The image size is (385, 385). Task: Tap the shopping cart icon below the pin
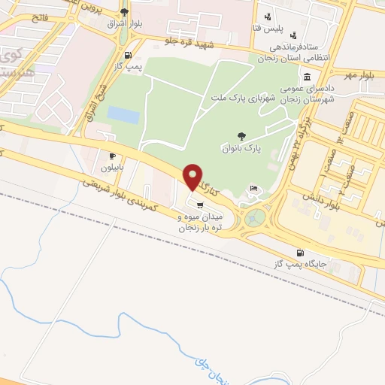click(199, 204)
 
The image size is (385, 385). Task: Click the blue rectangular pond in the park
click(123, 114)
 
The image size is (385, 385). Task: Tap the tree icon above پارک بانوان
click(241, 136)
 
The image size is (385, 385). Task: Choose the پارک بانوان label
click(241, 149)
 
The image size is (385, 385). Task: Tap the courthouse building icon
click(308, 77)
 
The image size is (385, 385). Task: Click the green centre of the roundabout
click(256, 219)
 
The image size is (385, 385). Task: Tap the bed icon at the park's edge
click(253, 188)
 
